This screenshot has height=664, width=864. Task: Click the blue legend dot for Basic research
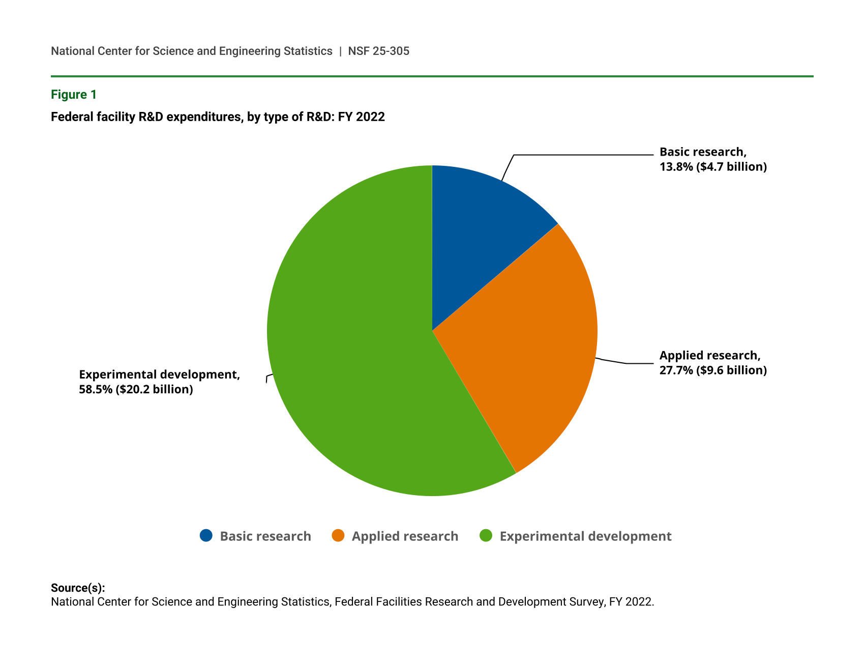206,536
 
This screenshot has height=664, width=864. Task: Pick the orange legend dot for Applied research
338,536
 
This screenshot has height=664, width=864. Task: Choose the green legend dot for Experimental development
486,536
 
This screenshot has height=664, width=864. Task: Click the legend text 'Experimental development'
585,536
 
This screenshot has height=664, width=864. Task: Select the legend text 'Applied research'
405,536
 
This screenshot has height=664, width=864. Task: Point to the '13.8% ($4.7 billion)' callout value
713,167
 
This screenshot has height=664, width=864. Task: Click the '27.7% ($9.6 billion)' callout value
713,370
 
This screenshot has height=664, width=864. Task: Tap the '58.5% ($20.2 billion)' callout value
136,390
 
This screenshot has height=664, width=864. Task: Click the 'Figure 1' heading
74,95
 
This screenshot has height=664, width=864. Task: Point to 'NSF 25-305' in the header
378,51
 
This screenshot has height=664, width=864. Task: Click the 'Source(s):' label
78,588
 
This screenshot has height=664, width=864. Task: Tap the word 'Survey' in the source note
588,601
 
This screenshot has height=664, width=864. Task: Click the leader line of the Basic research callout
580,155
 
